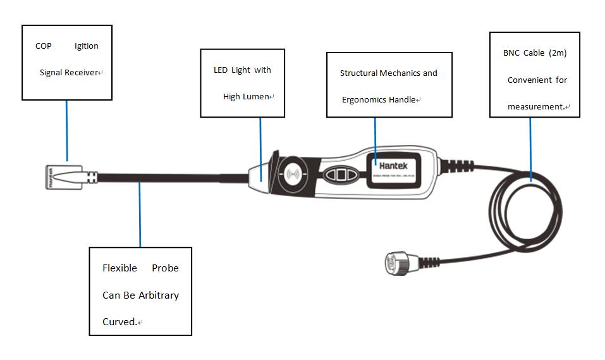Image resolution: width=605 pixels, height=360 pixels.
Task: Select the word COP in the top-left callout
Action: (x=43, y=46)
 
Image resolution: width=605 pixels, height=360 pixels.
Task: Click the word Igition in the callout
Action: (x=86, y=46)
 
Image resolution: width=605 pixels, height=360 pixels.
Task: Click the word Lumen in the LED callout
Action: (x=255, y=97)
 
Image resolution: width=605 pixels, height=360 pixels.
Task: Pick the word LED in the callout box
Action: (x=221, y=70)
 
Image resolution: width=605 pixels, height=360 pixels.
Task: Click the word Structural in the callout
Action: (x=358, y=73)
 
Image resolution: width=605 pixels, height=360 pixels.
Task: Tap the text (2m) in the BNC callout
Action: (x=557, y=53)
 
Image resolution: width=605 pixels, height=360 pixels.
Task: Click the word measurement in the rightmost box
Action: (x=535, y=107)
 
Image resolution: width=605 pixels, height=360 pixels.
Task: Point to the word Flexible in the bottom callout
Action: (x=119, y=268)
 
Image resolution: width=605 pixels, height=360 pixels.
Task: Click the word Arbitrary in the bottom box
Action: (x=159, y=295)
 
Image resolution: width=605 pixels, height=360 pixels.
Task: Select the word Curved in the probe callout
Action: (x=118, y=321)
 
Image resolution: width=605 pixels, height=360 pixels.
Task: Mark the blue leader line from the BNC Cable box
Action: (x=530, y=146)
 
